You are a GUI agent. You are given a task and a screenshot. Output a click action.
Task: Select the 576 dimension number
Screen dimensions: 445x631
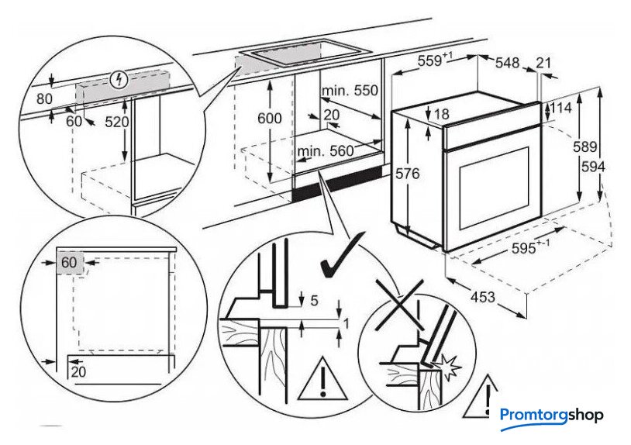pos(406,174)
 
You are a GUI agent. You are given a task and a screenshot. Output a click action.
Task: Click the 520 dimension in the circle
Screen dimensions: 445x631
pos(118,122)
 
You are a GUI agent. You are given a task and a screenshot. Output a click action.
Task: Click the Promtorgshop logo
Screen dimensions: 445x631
pos(551,416)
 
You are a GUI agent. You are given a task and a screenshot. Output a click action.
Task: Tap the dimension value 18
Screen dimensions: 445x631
pos(442,115)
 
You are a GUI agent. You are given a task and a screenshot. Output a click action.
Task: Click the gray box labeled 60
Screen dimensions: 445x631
pos(69,262)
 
